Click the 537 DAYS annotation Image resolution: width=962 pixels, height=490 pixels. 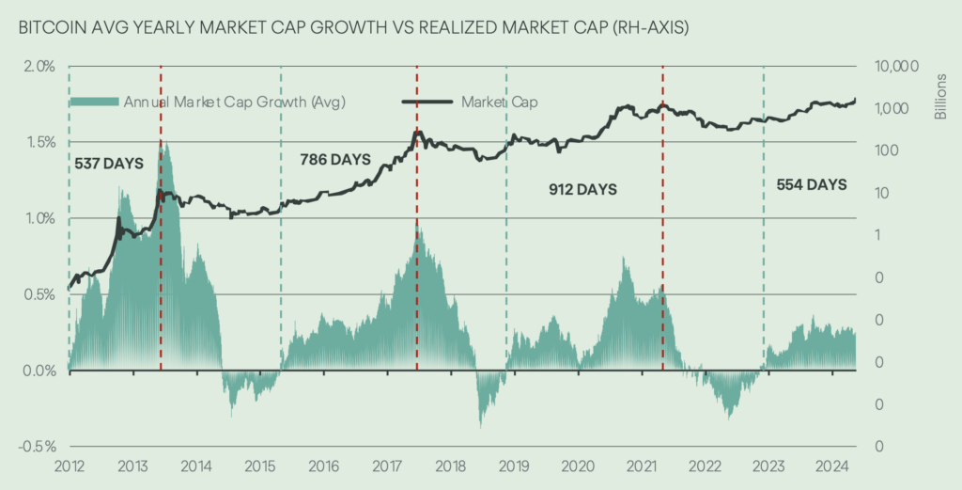tap(108, 164)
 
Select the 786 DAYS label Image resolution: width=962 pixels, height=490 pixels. tap(335, 158)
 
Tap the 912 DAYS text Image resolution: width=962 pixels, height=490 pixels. tap(582, 189)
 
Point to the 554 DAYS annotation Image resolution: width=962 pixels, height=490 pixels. tap(812, 184)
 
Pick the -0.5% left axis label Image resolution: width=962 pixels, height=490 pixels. tap(38, 446)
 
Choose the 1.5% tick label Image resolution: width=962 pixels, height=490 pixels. tap(40, 142)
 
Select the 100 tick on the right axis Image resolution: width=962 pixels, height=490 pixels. tap(882, 150)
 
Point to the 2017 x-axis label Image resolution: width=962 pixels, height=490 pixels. tap(386, 465)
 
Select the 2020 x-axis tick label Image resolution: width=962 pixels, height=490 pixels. tap(577, 465)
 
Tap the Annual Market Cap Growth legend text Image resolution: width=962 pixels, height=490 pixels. tap(235, 102)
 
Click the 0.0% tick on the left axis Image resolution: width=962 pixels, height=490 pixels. tap(40, 371)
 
